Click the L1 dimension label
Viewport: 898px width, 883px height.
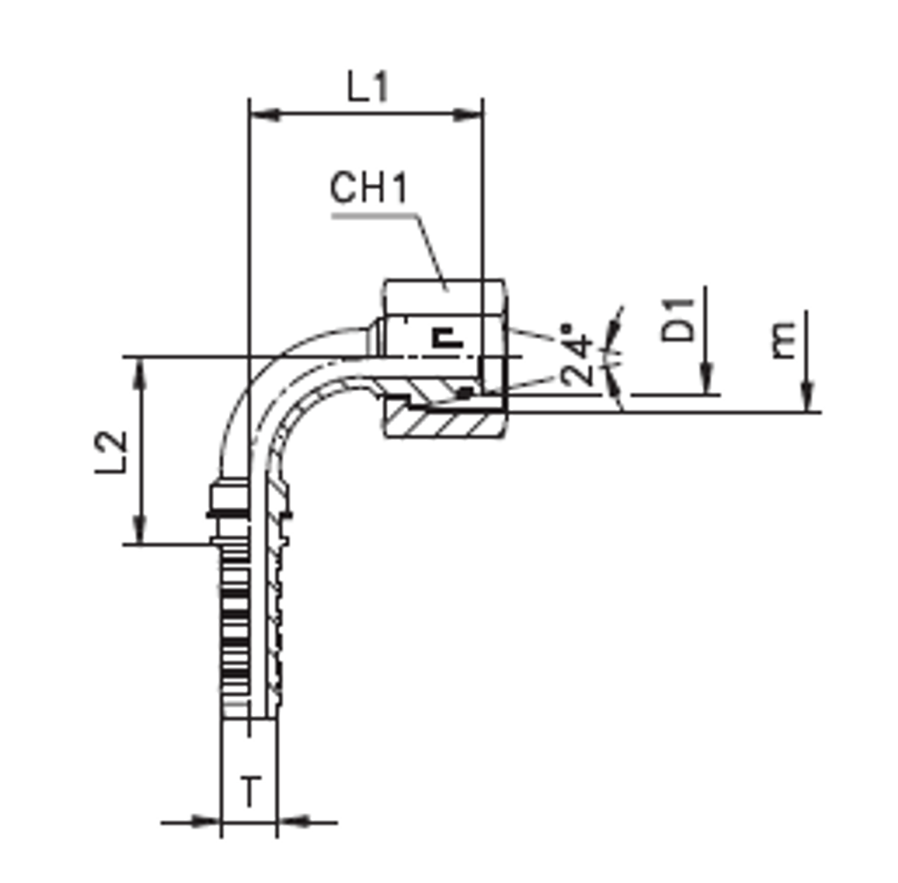[369, 88]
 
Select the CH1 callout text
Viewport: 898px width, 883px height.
[369, 189]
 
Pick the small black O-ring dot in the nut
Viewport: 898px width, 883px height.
[463, 391]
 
